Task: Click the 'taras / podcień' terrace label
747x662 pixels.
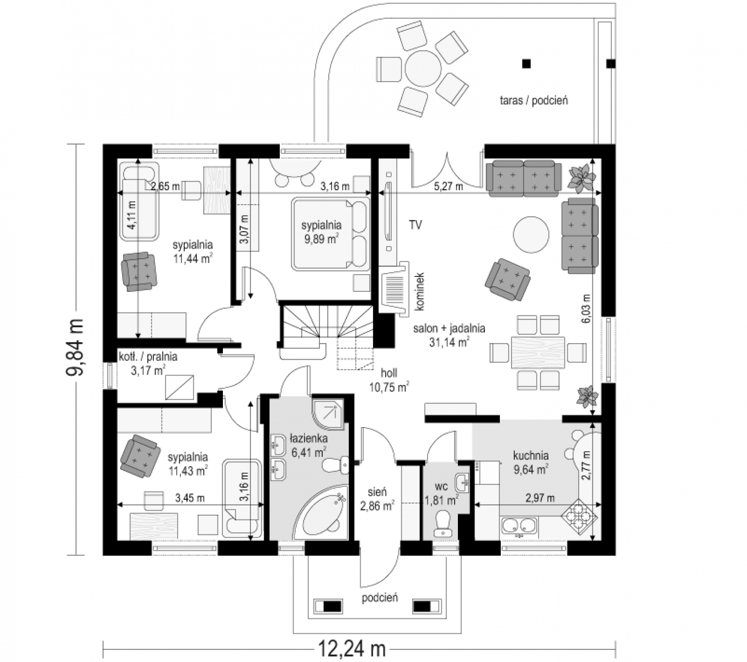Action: pyautogui.click(x=533, y=100)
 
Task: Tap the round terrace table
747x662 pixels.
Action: pyautogui.click(x=423, y=68)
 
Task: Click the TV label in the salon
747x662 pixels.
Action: pyautogui.click(x=415, y=225)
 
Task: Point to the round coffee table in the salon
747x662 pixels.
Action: pyautogui.click(x=531, y=234)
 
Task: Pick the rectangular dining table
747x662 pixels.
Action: pyautogui.click(x=538, y=352)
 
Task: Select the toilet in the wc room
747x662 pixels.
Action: pyautogui.click(x=442, y=524)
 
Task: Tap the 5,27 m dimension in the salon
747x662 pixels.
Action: pyautogui.click(x=448, y=187)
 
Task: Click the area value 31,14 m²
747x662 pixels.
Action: pyautogui.click(x=449, y=342)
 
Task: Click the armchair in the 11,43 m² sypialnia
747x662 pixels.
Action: pyautogui.click(x=140, y=456)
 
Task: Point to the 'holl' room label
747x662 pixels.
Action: pyautogui.click(x=389, y=373)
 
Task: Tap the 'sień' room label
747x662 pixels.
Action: pyautogui.click(x=377, y=492)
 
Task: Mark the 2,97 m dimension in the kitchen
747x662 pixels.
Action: pyautogui.click(x=540, y=498)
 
